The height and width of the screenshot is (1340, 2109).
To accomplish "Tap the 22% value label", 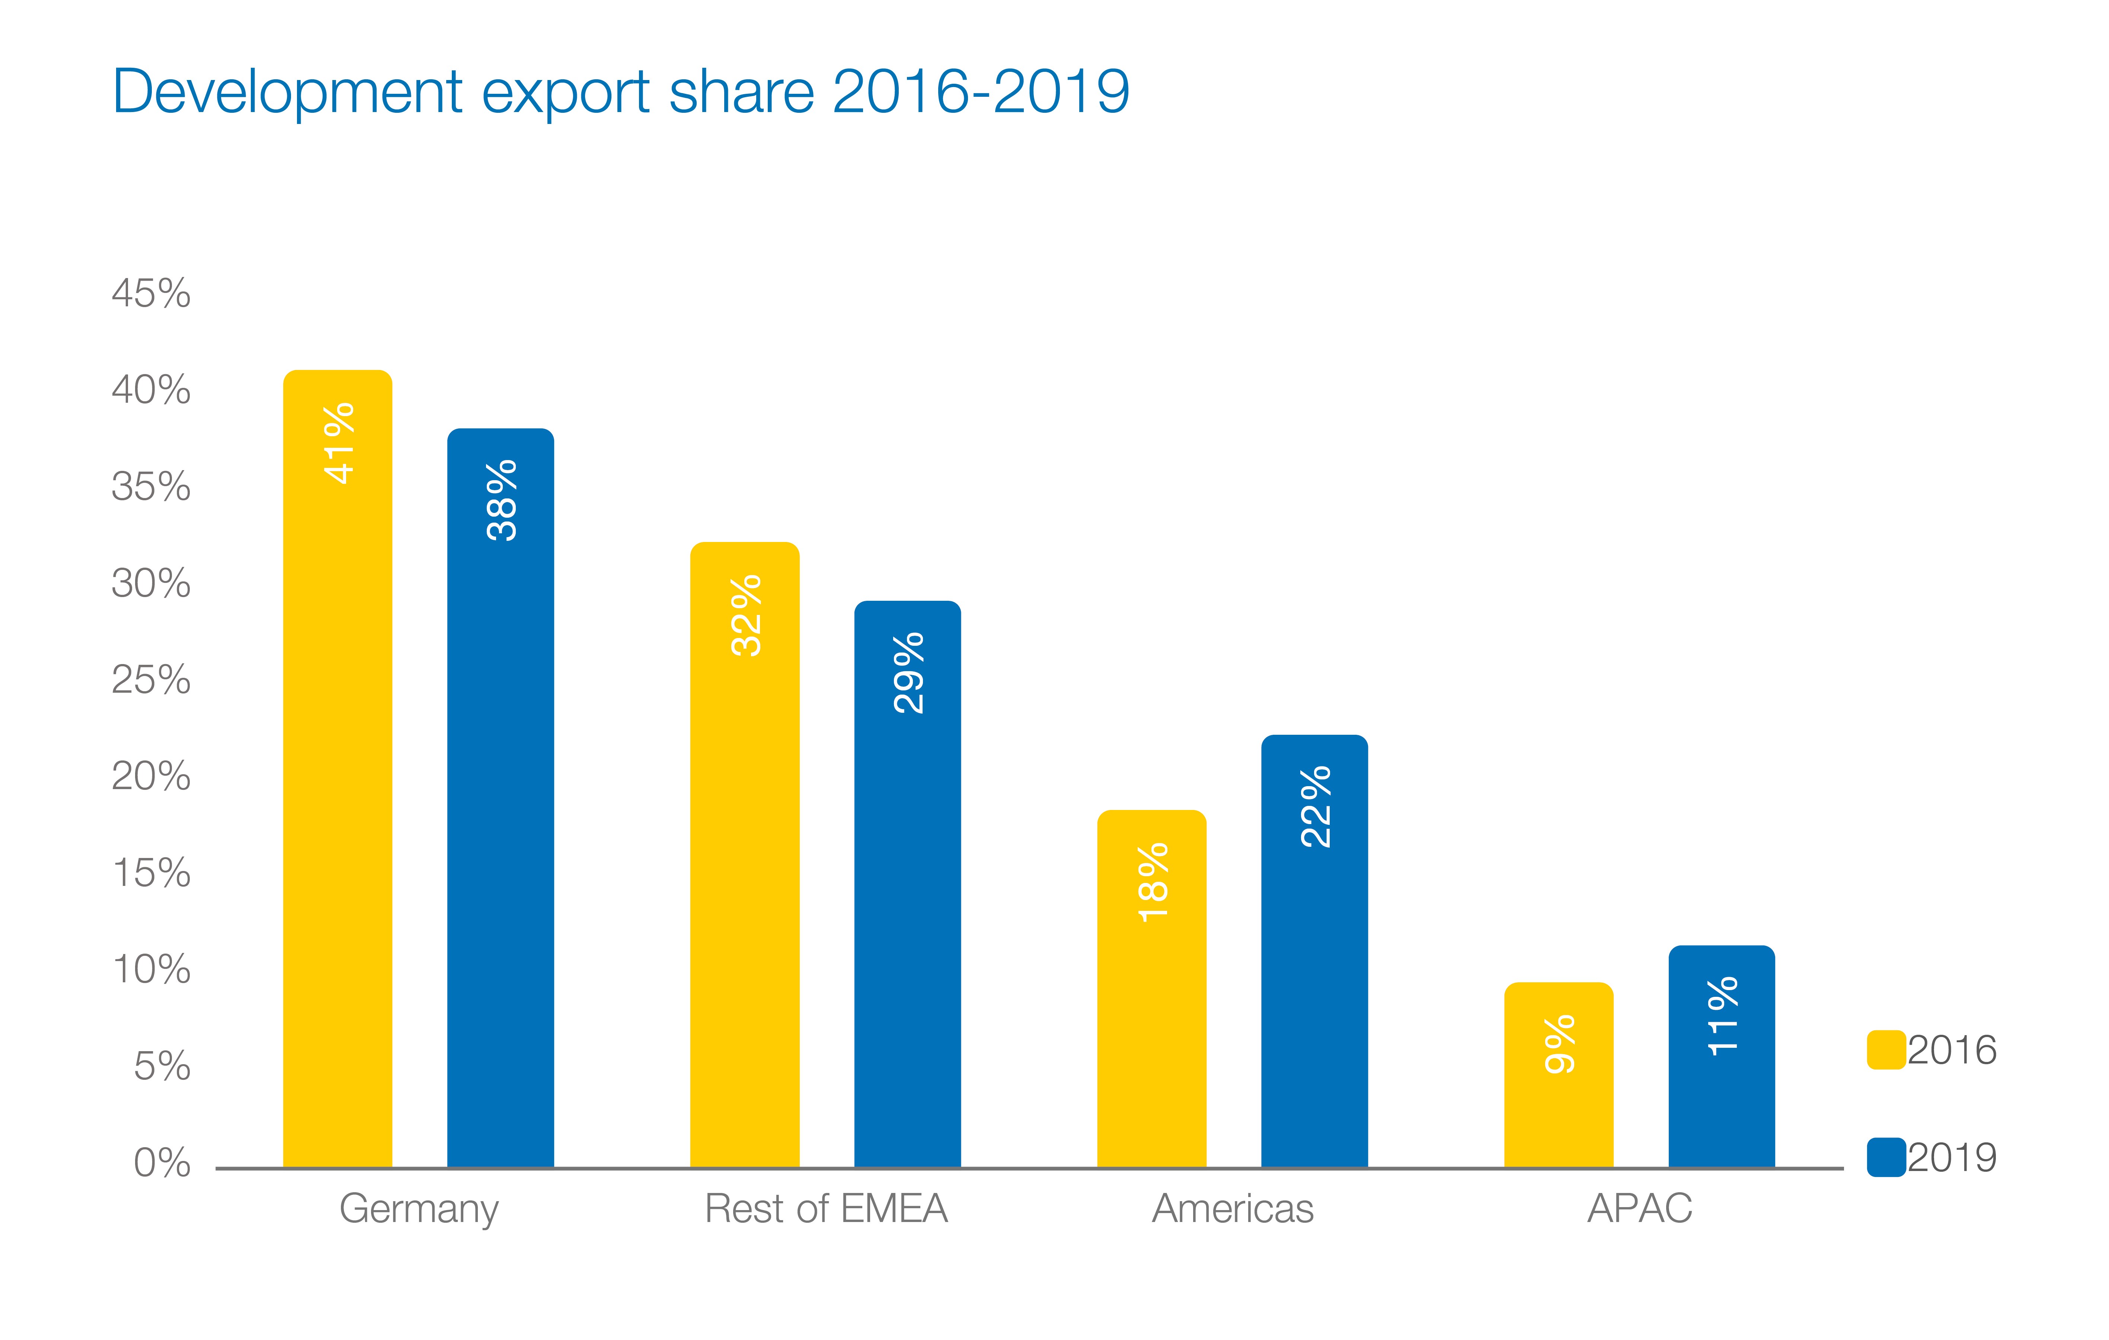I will (1316, 807).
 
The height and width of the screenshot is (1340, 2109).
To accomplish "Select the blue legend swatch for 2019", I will (1886, 1157).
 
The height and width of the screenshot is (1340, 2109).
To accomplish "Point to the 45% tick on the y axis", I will (151, 293).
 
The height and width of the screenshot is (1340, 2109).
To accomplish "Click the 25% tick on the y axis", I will (151, 680).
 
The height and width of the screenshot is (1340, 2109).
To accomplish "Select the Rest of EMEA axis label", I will (826, 1209).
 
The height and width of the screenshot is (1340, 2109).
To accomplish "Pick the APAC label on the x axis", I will (1640, 1209).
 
